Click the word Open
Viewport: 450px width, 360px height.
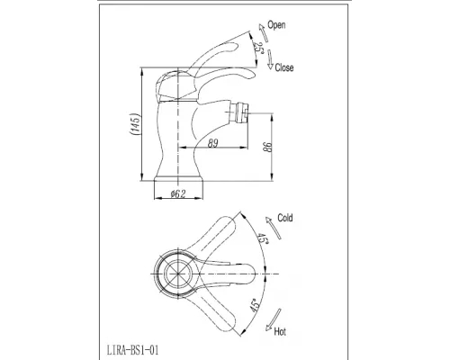coord(276,25)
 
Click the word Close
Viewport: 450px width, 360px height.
coord(284,67)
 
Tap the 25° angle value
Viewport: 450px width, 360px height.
coord(257,47)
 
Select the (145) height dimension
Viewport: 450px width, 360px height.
coord(135,124)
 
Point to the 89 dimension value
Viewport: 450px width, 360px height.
coord(212,143)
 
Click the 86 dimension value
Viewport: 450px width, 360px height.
coord(268,147)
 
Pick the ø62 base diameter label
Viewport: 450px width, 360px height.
coord(178,193)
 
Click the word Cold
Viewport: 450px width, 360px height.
coord(285,218)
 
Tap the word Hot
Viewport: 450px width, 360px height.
coord(280,332)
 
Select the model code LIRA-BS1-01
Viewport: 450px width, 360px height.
coord(132,350)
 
